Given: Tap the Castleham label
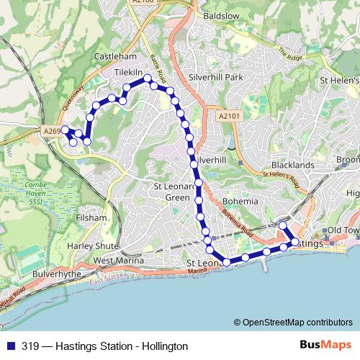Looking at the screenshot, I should point(114,55).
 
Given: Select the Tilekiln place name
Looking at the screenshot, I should point(129,73).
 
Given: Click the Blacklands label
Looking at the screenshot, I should point(293,165).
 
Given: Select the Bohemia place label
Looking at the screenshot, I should point(240,201).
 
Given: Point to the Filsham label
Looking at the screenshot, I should point(94,217).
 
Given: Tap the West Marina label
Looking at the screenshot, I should point(118,260).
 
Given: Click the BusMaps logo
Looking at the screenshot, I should point(325,346).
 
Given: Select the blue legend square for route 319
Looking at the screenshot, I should point(9,346).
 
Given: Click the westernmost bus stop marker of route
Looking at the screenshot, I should point(65,130).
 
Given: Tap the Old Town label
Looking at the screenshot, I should point(343,230).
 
